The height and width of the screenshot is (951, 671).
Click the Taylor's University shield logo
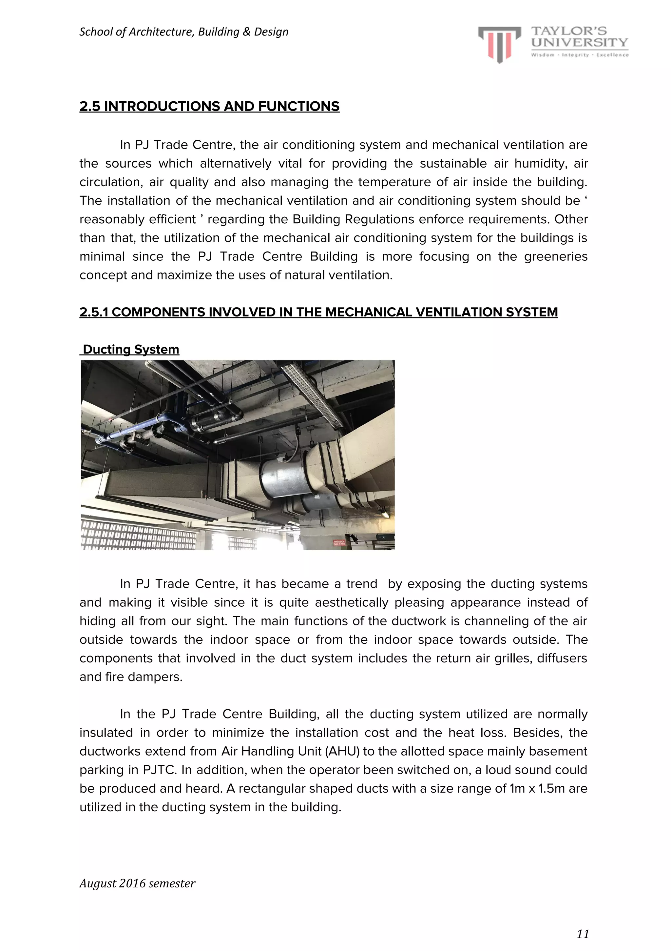499,44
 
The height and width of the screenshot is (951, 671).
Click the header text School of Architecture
183,32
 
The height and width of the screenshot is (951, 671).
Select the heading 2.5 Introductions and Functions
209,107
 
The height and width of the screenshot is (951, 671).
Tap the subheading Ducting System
131,350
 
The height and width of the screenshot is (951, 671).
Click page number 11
583,934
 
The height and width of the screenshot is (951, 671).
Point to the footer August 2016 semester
137,883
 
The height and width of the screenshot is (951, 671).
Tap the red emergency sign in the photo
339,543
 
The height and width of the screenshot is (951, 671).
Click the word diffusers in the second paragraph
562,658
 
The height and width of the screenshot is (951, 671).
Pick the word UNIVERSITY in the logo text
580,42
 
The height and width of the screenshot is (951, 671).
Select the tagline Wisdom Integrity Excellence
580,55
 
